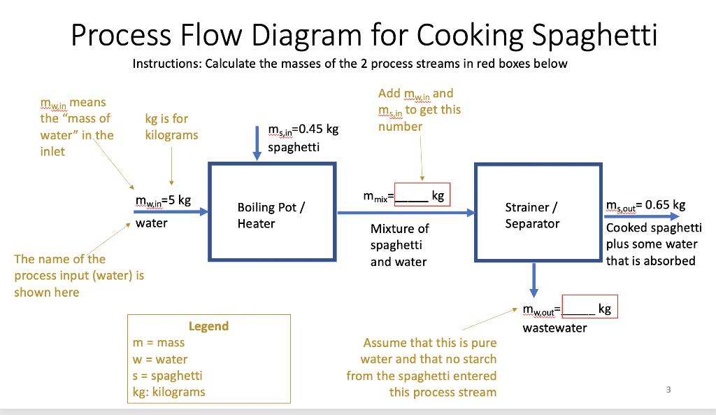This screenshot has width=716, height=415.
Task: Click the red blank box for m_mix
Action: coord(422,195)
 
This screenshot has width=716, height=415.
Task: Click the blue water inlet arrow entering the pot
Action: coord(171,211)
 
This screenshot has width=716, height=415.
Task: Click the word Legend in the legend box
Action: coord(208,326)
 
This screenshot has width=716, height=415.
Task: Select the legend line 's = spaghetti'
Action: coord(168,376)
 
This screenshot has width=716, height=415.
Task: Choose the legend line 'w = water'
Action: coord(160,360)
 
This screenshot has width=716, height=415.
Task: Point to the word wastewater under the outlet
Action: coord(555,328)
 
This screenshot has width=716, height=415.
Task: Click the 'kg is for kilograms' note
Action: coord(171,127)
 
